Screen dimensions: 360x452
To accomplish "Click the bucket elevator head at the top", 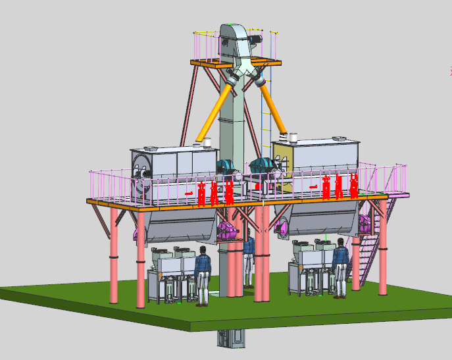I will coord(232,41).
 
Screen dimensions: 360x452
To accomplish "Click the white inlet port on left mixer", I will coord(205,141).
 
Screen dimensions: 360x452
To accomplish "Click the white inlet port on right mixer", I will coord(293,138).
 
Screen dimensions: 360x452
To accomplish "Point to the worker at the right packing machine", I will coord(339,267).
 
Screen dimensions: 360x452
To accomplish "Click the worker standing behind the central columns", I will coord(249,260).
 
